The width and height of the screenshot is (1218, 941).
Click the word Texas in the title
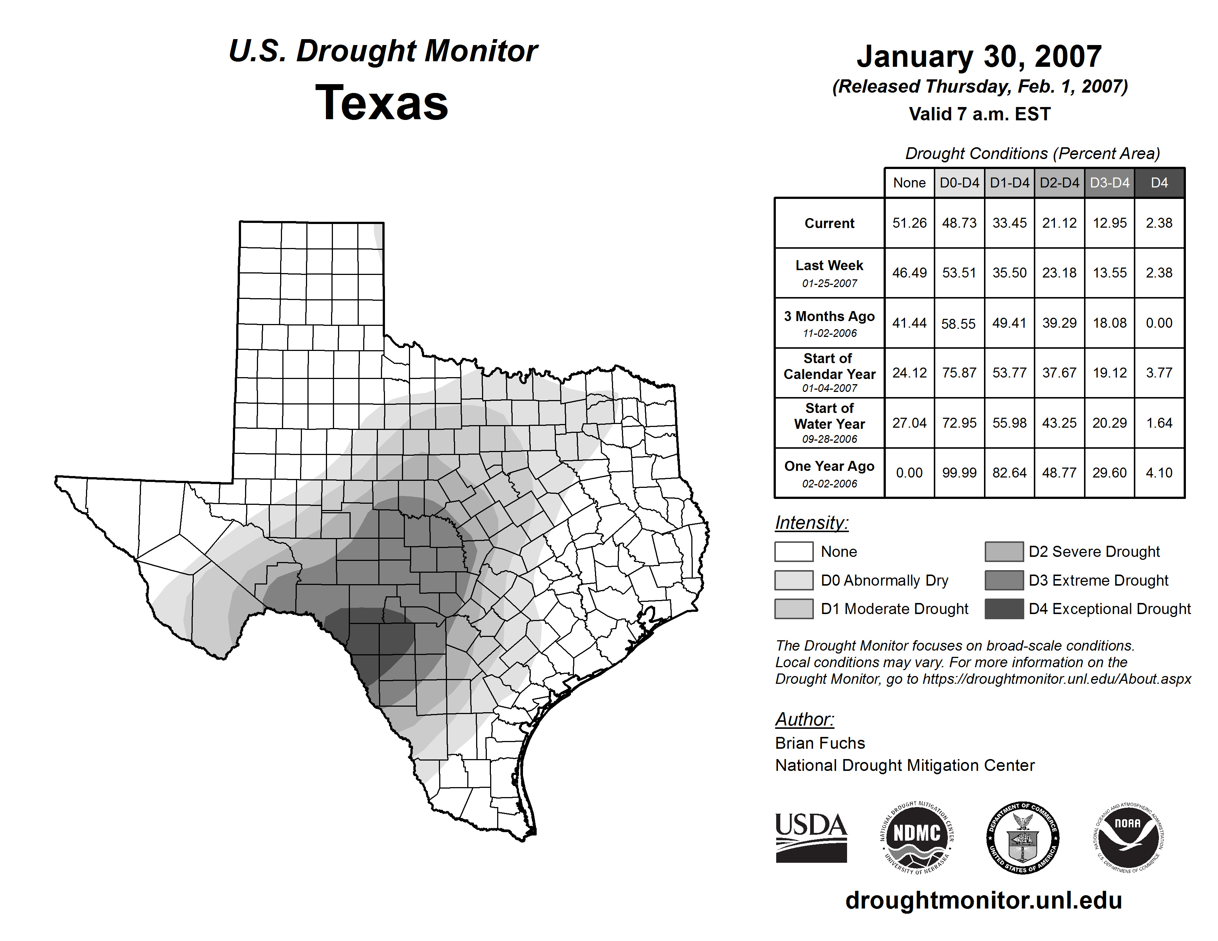click(382, 103)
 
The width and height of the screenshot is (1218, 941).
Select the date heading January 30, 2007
click(979, 57)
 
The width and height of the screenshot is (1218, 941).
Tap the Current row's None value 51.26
click(909, 223)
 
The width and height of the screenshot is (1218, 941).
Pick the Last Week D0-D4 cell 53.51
click(959, 273)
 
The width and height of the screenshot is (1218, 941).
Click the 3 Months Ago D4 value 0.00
click(1159, 323)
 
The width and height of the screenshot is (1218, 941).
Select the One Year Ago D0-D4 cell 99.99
click(959, 473)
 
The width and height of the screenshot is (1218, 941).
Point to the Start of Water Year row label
click(829, 423)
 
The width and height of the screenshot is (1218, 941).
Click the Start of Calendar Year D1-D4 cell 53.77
click(1009, 372)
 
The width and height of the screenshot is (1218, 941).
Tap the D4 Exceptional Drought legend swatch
click(1004, 609)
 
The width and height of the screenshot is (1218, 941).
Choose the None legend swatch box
click(794, 551)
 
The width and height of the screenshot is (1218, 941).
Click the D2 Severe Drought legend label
click(1094, 551)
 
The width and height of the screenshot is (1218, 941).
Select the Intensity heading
click(811, 523)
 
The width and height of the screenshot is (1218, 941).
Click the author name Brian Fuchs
click(820, 743)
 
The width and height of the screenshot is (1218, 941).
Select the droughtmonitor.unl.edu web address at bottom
click(984, 900)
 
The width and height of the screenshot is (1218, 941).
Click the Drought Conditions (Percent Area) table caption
click(1032, 153)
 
